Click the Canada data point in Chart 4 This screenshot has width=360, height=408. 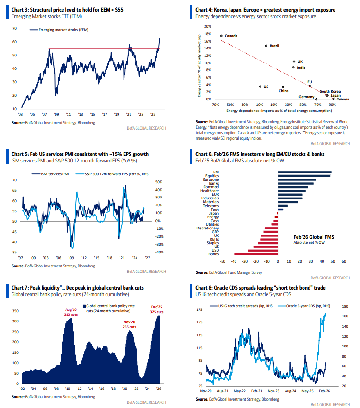221,36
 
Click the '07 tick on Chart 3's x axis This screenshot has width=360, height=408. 44,114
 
